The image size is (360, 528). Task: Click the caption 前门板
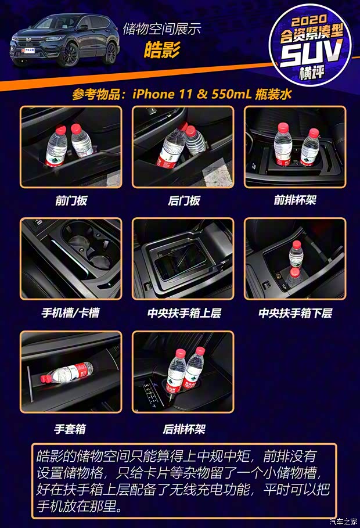71,201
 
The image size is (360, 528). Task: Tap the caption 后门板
183,201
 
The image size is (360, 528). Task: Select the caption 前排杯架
295,201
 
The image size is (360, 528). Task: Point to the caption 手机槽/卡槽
70,313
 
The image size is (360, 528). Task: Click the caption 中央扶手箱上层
183,313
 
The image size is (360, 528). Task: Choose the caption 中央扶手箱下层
295,313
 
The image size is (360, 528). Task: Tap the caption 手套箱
70,429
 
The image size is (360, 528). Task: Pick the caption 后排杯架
183,429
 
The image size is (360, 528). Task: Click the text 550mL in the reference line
229,94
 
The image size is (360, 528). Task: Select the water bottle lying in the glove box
67,372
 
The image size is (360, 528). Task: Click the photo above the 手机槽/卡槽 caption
71,258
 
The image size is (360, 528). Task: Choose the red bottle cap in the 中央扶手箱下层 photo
296,245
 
